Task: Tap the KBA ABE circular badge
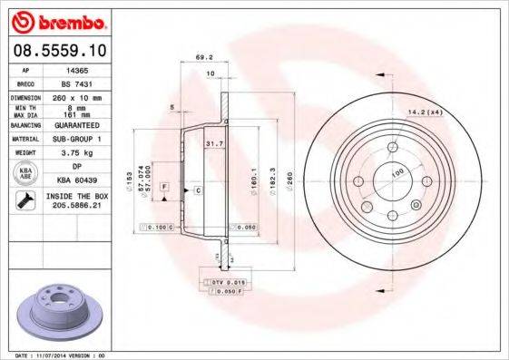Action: click(x=27, y=174)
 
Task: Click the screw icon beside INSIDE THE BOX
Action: click(x=27, y=200)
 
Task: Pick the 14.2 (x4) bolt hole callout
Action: click(x=422, y=112)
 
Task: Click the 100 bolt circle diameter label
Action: click(x=396, y=171)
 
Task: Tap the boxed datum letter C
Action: click(x=198, y=190)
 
